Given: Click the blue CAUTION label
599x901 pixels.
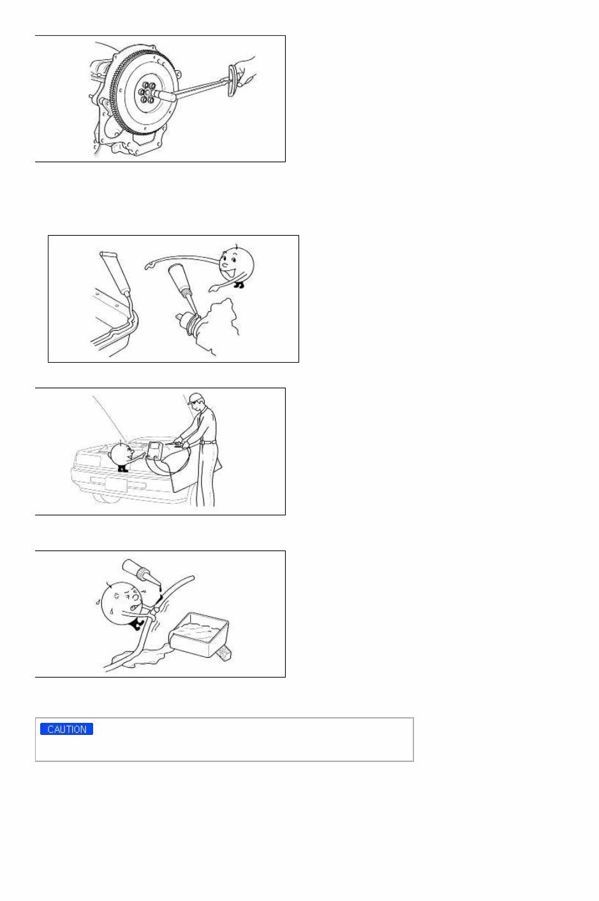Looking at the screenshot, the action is (x=67, y=729).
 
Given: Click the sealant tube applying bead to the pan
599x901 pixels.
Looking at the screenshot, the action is (x=117, y=273).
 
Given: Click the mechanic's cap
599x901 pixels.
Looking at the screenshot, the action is (x=195, y=398).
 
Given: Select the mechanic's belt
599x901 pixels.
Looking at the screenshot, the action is (x=208, y=442).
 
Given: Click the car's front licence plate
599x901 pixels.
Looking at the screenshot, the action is (x=115, y=484).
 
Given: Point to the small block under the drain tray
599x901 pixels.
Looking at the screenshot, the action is (x=224, y=654).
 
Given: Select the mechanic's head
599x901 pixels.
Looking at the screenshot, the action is (x=196, y=402).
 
